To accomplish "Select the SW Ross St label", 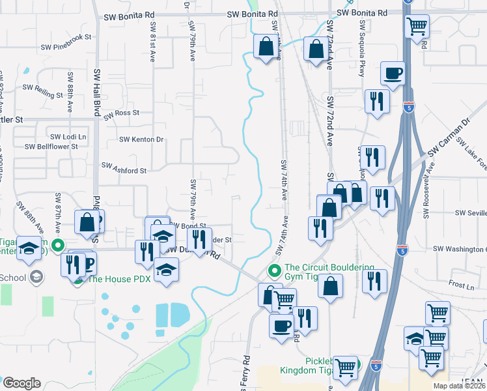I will (x=121, y=113).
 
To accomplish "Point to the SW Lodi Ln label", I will (x=68, y=137).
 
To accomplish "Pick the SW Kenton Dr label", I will (x=141, y=139).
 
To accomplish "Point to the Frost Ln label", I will (x=461, y=285).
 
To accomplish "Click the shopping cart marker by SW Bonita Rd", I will (x=417, y=27).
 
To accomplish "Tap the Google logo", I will (x=21, y=383).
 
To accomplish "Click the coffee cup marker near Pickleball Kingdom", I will (x=282, y=325).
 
